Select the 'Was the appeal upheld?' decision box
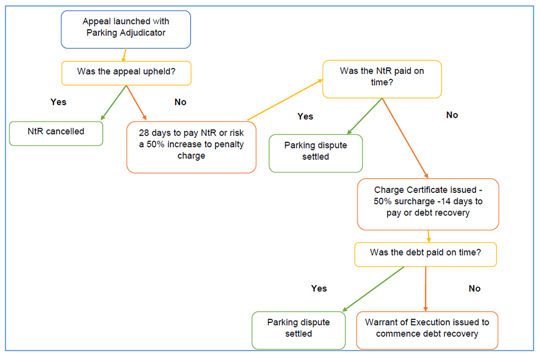click(x=125, y=73)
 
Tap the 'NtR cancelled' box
click(x=56, y=133)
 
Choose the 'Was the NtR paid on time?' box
click(x=381, y=76)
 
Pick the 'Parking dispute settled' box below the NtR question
click(x=316, y=152)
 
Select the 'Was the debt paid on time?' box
click(x=425, y=254)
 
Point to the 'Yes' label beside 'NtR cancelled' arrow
click(x=58, y=102)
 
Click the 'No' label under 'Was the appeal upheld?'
click(x=180, y=102)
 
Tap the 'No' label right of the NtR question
click(x=452, y=115)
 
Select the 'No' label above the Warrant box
click(x=474, y=288)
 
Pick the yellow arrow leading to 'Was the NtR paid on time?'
click(x=285, y=100)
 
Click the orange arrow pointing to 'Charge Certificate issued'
click(x=405, y=138)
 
